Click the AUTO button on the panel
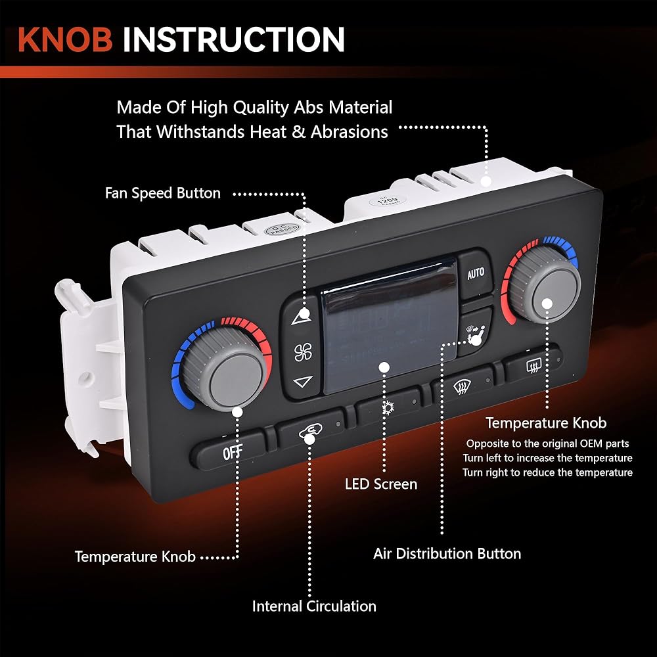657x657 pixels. tap(475, 272)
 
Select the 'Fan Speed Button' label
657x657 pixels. tap(163, 193)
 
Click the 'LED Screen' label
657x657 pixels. tap(381, 484)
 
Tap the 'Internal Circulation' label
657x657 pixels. tap(314, 606)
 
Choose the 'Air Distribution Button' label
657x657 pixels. tap(447, 553)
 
